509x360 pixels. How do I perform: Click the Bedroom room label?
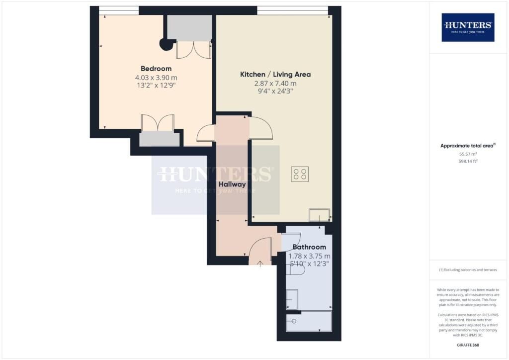156,69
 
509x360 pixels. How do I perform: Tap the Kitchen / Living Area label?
275,74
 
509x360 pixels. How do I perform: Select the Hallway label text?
233,184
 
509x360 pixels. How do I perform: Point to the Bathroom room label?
309,247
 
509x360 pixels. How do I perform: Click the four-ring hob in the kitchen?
300,174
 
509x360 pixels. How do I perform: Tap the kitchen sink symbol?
319,215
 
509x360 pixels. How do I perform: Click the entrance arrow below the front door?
261,263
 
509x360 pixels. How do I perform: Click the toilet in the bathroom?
296,269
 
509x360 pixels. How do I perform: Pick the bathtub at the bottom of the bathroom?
309,321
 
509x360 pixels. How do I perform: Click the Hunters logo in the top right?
468,27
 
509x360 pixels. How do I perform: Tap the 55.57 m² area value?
468,154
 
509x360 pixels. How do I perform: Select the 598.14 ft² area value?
468,161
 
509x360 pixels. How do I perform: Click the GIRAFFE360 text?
468,345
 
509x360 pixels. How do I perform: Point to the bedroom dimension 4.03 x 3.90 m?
156,78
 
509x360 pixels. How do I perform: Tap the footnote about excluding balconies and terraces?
468,270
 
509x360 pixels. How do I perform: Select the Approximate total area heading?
468,146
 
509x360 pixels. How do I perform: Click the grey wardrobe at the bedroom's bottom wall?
159,139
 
